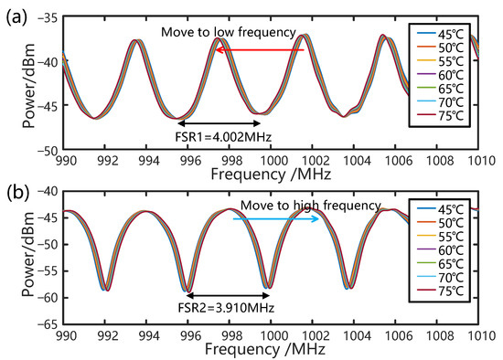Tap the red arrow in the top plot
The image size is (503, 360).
pyautogui.click(x=259, y=50)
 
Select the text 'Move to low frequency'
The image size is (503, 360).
pyautogui.click(x=229, y=33)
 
